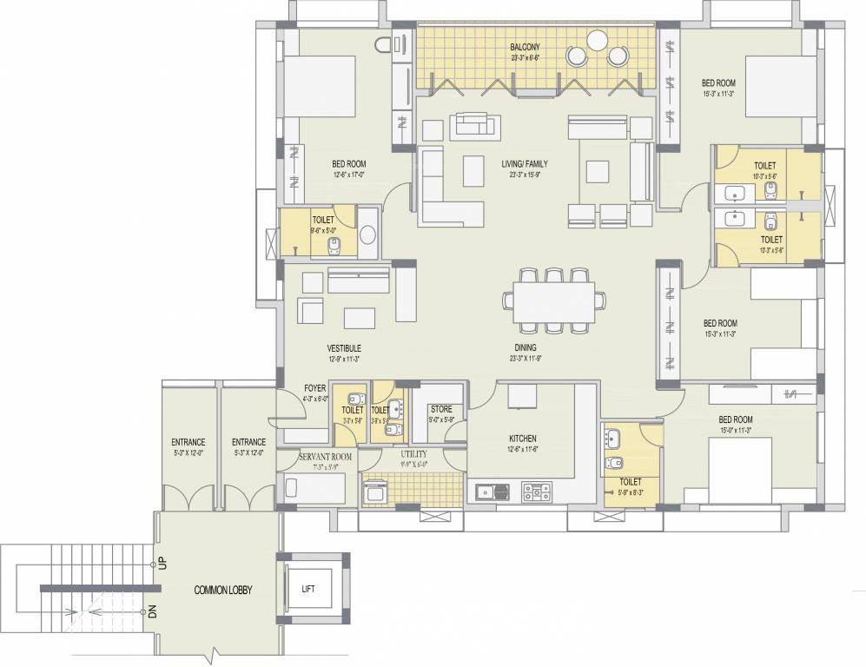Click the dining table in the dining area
(x=553, y=300)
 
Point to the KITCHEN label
(x=523, y=439)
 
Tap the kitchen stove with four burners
(x=538, y=492)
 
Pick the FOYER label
(x=314, y=388)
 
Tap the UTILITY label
(x=413, y=454)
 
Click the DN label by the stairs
(x=153, y=611)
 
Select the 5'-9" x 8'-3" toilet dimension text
(x=631, y=492)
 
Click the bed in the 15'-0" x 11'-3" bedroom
(x=740, y=469)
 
